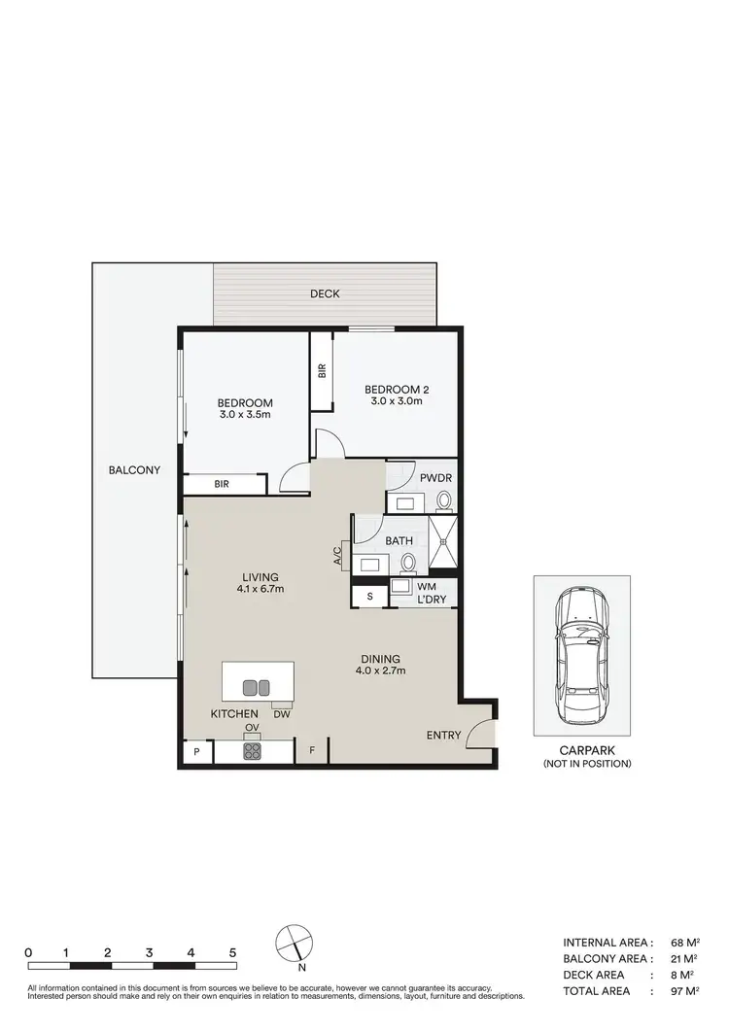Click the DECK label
point(325,293)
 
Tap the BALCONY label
point(134,470)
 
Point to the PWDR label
point(435,477)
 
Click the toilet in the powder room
point(444,500)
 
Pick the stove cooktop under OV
point(252,750)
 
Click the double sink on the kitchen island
point(256,687)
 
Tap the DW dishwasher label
point(281,714)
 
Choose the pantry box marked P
point(196,751)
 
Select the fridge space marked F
point(312,751)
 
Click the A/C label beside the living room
point(338,556)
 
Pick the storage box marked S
point(369,596)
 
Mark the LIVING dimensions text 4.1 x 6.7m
point(259,589)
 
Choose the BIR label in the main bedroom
point(222,483)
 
